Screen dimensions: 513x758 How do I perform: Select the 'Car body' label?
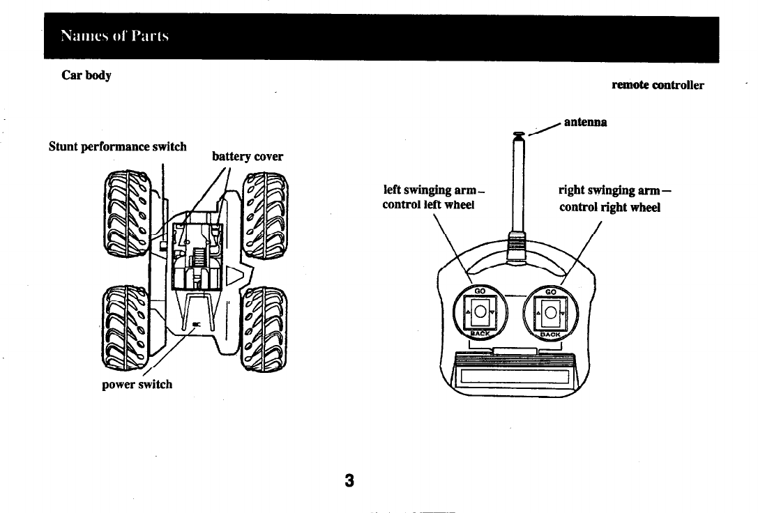(x=86, y=75)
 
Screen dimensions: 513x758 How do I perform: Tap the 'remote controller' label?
(x=657, y=85)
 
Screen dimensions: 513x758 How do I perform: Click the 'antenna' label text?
(x=585, y=122)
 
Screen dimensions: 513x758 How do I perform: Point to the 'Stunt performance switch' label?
(x=117, y=147)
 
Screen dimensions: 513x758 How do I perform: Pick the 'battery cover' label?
(x=248, y=157)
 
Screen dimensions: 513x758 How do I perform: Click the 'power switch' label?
(x=137, y=384)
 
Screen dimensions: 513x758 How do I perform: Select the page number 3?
(x=349, y=480)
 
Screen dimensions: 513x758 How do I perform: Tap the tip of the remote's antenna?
(x=518, y=134)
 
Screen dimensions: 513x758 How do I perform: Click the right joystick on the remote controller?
(x=552, y=312)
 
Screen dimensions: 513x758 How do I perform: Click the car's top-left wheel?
(x=126, y=214)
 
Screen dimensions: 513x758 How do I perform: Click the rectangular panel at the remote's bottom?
(x=514, y=379)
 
